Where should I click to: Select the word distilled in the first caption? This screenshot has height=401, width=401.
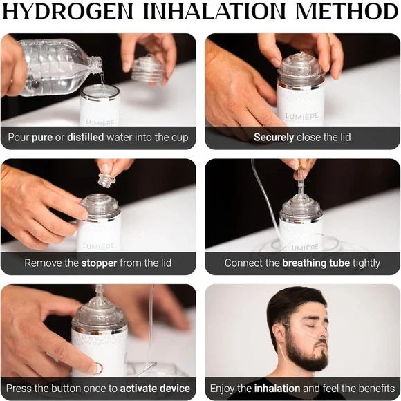coord(85,137)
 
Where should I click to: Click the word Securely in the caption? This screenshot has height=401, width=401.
coord(274,137)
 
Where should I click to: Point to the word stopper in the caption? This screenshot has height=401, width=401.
coord(99,263)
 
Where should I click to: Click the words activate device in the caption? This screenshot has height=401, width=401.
coord(155,389)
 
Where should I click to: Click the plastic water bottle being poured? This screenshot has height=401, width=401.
coord(55,66)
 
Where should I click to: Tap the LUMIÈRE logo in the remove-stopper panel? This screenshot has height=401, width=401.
coord(99,245)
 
